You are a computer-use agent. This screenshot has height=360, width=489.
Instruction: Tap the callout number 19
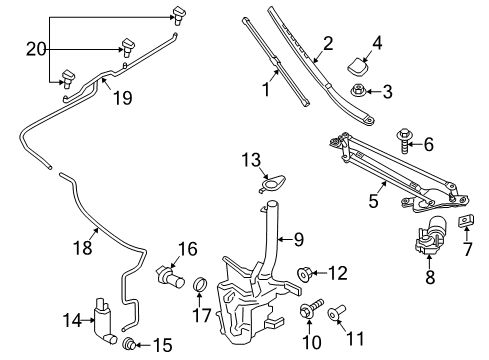[122, 99]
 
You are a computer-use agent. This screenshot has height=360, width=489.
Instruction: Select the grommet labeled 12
[308, 271]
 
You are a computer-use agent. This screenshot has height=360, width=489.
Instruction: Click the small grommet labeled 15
[128, 345]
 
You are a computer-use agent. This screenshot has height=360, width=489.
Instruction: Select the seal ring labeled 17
[199, 288]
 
